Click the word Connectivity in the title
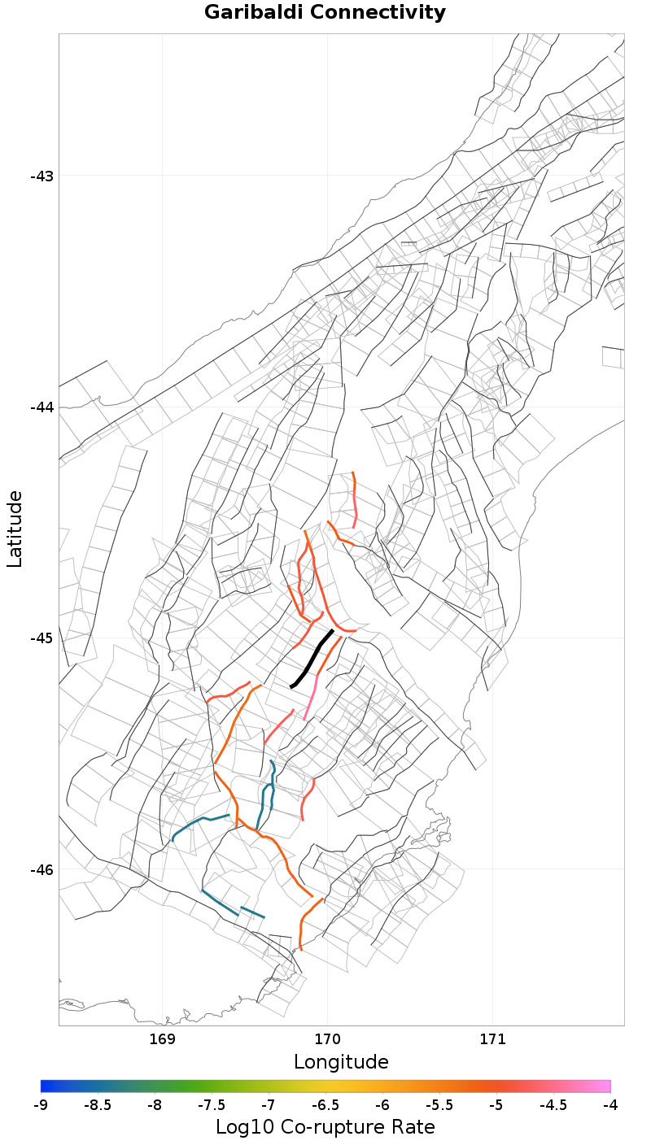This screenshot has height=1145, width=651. pos(377,13)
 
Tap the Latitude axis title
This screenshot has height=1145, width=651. pos(15,529)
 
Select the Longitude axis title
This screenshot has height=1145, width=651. pos(341,1061)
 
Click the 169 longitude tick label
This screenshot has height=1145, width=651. pos(163,1039)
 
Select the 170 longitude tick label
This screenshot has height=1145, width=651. pos(328,1039)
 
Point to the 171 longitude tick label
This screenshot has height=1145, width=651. pos(493,1039)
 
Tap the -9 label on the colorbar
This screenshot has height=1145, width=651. pos(41,1105)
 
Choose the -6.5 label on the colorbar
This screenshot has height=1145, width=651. pos(325,1105)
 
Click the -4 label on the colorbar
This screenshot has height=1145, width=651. pos(610,1105)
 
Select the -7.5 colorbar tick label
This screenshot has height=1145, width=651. pos(212,1105)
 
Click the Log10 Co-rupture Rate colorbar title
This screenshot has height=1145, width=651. pos(325,1127)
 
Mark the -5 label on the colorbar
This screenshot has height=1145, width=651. pos(496,1105)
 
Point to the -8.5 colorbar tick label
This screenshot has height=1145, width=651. pos(98,1105)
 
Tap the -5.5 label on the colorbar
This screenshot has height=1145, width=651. pos(439,1105)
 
